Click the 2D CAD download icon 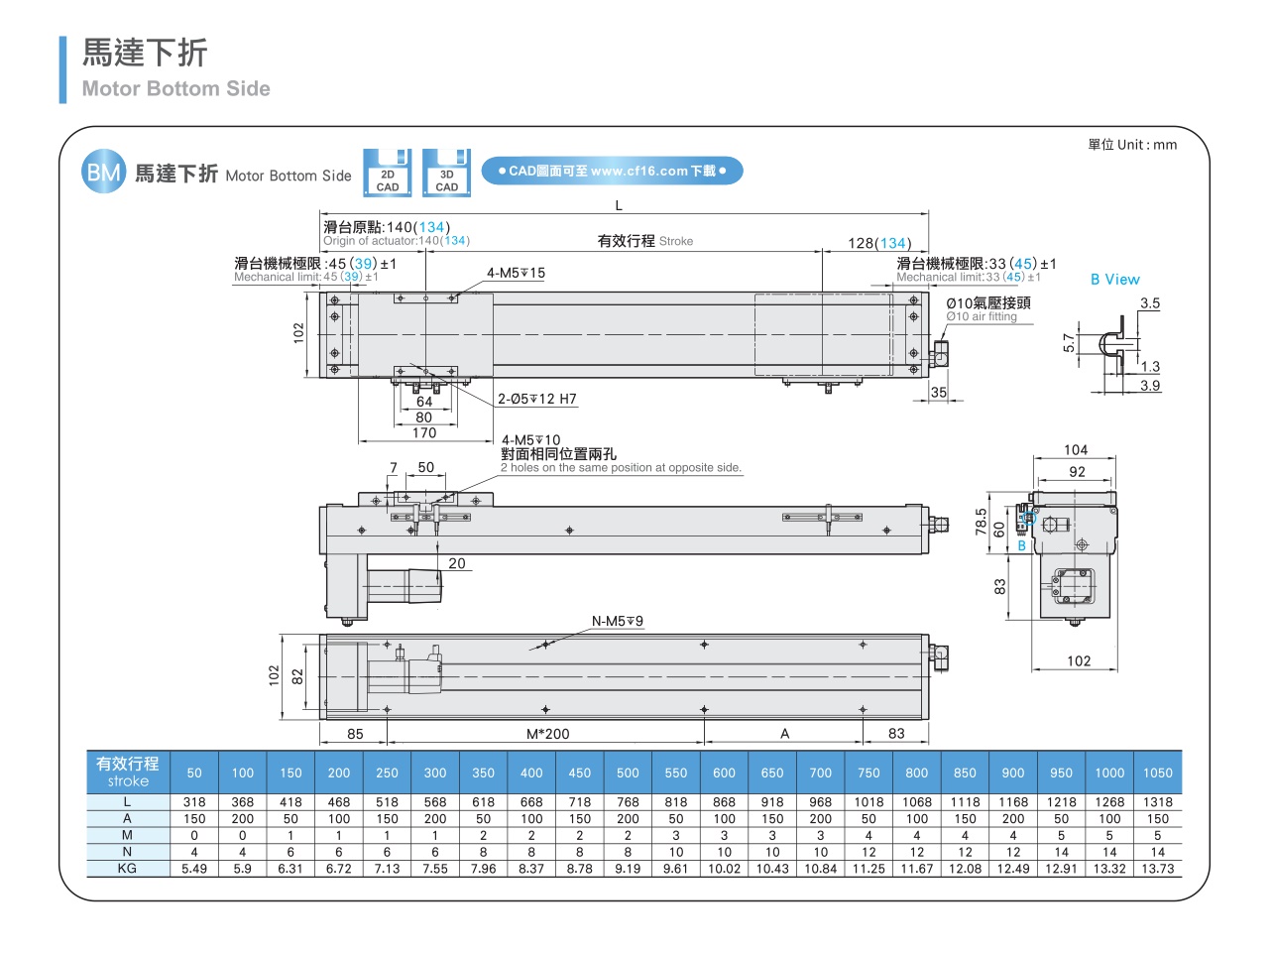tap(387, 173)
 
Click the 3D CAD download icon tap(446, 173)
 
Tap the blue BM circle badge tap(103, 173)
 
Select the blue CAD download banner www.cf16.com tap(612, 171)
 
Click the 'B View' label tap(1114, 280)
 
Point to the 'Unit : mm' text tap(1132, 145)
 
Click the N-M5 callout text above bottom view tap(617, 622)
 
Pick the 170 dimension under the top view tap(424, 433)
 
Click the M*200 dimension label tap(547, 734)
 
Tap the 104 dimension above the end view tap(1076, 450)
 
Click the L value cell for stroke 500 tap(628, 802)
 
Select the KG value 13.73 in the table tap(1157, 869)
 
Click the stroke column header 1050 tap(1157, 773)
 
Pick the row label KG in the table tap(127, 869)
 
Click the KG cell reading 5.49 tap(194, 869)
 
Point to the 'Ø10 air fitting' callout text tap(981, 317)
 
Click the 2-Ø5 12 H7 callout tap(536, 400)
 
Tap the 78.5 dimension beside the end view tap(981, 522)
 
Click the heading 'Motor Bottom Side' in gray tap(175, 89)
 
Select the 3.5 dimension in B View tap(1149, 303)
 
